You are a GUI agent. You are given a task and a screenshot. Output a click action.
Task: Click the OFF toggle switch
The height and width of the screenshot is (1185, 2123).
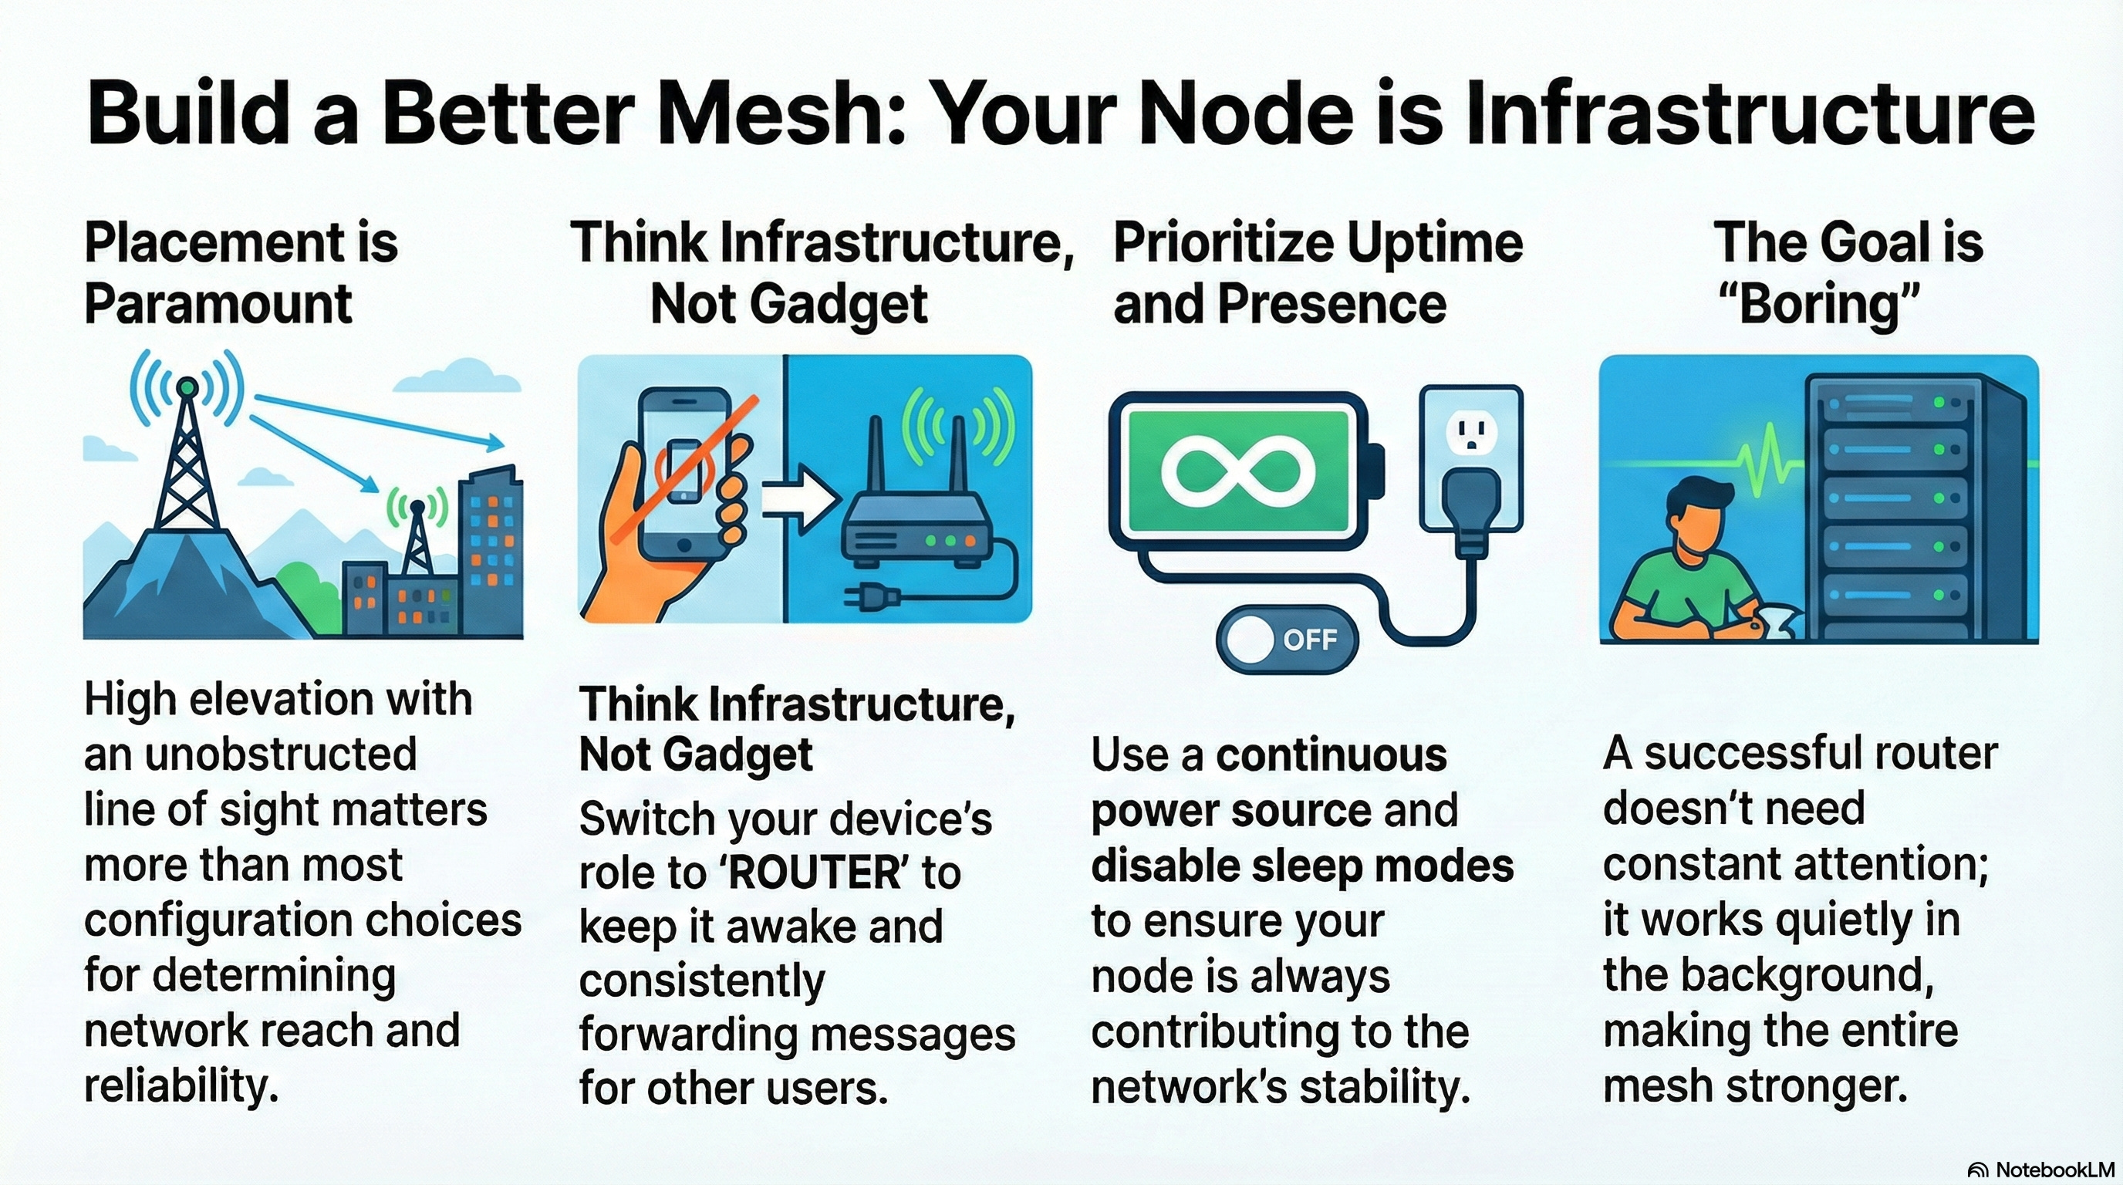1287,640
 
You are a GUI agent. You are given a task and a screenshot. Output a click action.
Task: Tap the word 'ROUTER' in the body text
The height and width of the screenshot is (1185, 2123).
815,873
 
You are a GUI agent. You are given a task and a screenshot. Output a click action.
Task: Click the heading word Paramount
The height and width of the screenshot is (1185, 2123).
218,303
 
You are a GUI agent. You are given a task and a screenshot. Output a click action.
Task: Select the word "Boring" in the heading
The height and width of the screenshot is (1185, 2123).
1818,303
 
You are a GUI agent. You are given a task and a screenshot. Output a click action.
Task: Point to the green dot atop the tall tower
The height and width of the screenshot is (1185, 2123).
188,386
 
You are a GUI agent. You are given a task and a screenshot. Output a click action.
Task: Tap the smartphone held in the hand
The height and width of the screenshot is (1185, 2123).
684,470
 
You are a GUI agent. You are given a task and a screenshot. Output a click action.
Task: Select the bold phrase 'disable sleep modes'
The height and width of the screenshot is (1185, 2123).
1302,866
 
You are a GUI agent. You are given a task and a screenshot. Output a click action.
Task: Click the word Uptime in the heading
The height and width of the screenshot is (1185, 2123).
1434,243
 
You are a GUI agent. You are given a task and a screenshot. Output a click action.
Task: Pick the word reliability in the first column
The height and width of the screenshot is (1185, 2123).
180,1085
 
